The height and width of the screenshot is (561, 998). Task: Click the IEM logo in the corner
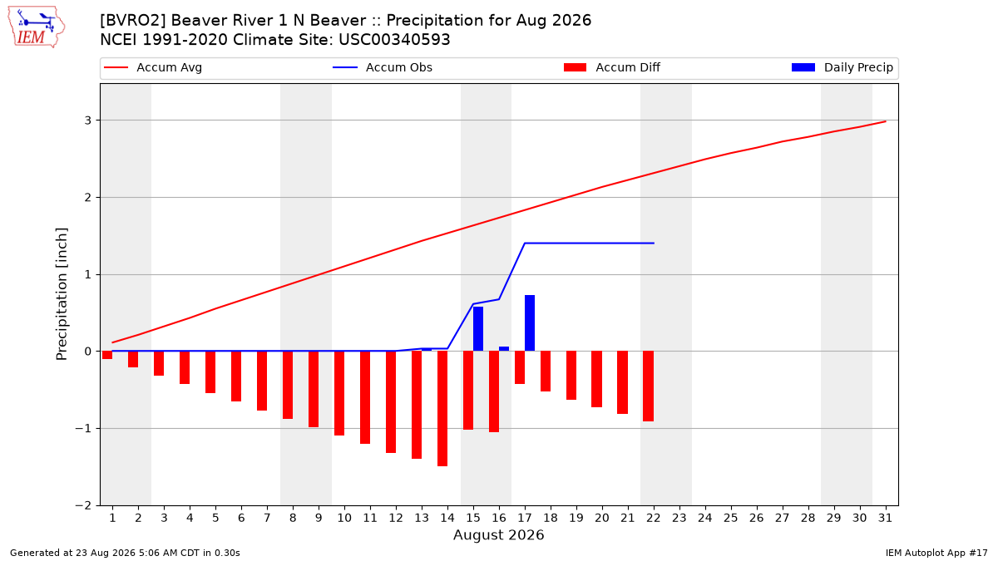[36, 27]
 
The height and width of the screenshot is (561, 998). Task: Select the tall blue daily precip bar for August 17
[530, 322]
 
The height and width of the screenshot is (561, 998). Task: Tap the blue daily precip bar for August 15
[478, 328]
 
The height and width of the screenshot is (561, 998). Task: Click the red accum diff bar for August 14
[442, 408]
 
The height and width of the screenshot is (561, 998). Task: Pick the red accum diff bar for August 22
[648, 386]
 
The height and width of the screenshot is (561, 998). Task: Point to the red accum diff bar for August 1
[107, 355]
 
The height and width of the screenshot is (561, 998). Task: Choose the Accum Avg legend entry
[153, 67]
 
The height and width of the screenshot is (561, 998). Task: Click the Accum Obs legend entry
[383, 67]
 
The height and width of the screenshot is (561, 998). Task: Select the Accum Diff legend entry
[612, 67]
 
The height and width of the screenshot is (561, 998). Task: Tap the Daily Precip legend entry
[842, 67]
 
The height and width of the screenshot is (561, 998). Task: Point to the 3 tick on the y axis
[88, 121]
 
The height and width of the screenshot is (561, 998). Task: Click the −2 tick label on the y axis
[83, 505]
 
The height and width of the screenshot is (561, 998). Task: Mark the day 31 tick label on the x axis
[885, 518]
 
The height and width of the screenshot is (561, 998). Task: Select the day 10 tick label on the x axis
[344, 518]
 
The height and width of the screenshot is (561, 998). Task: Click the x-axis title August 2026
[498, 534]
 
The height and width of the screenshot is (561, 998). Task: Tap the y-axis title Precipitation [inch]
[62, 294]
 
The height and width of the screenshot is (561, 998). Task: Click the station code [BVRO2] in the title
[133, 21]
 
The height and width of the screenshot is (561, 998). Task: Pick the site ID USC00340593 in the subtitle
[394, 40]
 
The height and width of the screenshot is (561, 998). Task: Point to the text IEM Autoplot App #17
[936, 553]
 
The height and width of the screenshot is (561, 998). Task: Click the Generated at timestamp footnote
[125, 553]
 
